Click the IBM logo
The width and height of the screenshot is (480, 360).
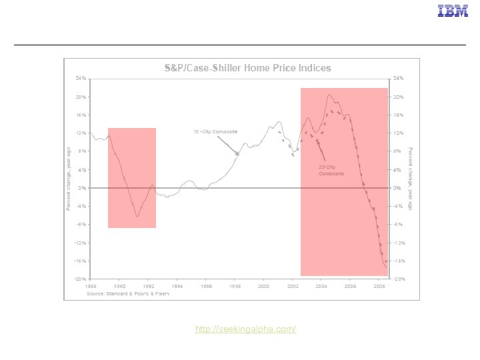453,11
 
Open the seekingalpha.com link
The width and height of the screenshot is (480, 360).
245,330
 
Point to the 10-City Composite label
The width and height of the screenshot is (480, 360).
215,131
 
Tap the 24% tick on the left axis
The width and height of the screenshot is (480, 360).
80,79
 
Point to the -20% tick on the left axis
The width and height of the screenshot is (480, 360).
79,279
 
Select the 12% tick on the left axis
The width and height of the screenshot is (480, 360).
80,133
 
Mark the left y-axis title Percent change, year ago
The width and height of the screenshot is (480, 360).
68,179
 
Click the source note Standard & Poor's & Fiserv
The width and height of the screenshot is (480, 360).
128,293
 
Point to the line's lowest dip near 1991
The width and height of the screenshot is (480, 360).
137,216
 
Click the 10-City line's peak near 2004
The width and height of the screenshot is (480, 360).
329,95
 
